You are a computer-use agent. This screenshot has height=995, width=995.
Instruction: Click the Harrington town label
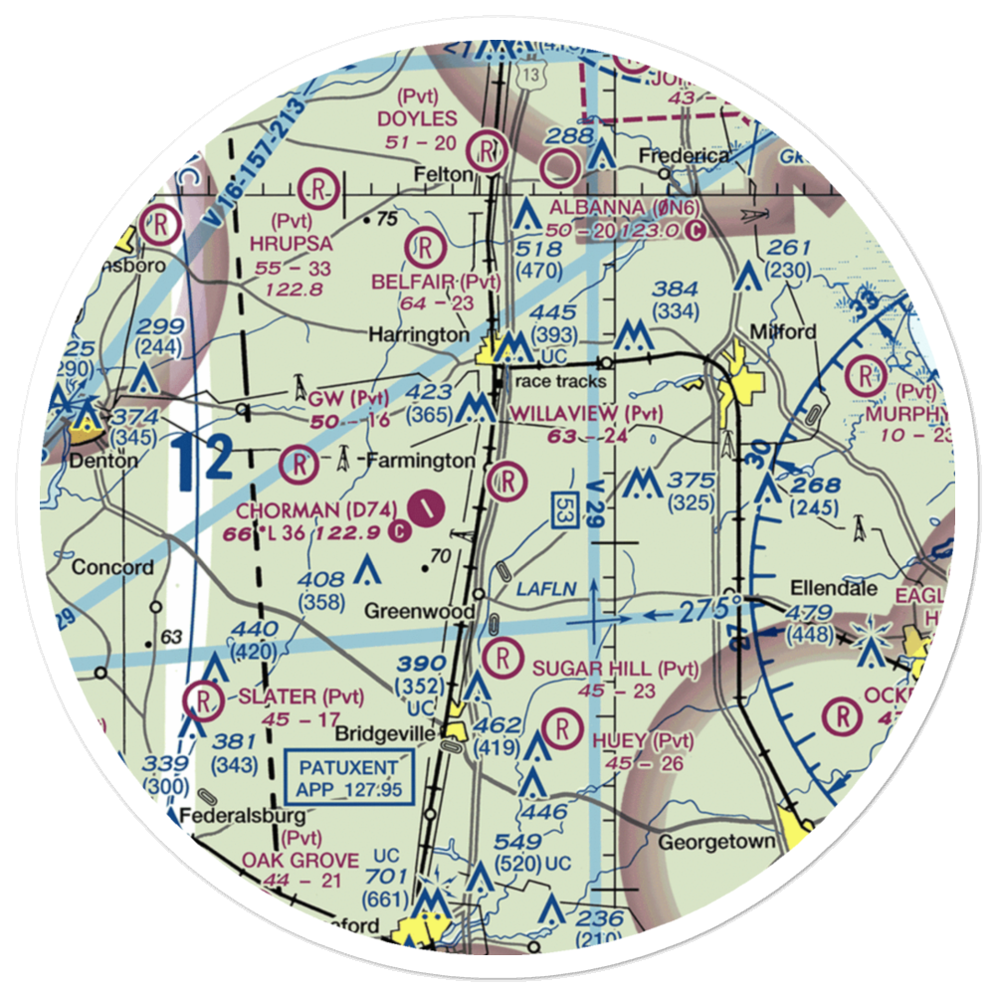419,335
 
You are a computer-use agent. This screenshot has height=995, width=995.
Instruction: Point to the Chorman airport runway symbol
426,507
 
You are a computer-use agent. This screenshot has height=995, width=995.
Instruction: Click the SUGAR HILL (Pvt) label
615,668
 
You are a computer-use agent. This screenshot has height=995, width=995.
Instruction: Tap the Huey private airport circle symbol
565,726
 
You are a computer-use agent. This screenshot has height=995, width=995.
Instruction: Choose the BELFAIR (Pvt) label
436,283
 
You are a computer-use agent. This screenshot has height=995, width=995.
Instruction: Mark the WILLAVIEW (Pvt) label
586,413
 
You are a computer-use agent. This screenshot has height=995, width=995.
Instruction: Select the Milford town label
783,331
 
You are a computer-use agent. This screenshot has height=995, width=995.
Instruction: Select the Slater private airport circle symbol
205,698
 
